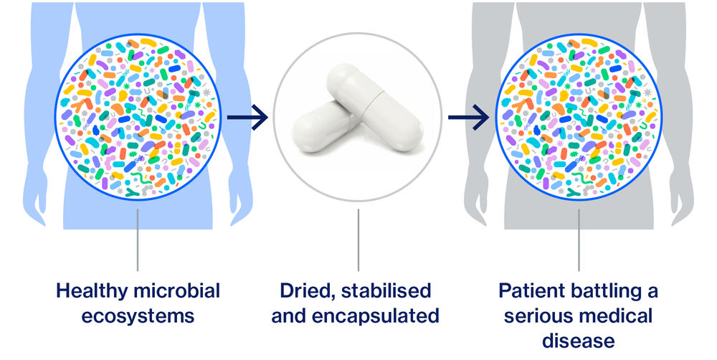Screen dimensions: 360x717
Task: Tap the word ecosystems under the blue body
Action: click(x=137, y=316)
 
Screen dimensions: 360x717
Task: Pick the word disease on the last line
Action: click(x=579, y=339)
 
